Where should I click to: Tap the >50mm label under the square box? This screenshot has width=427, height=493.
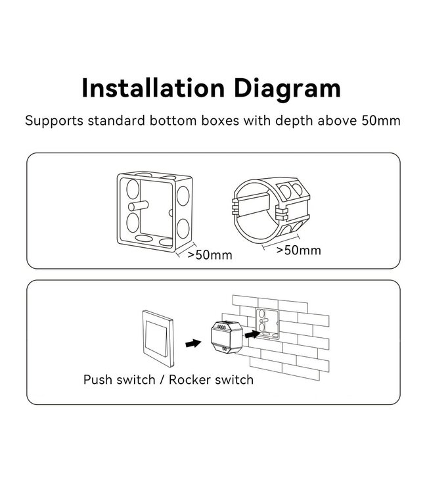[210, 255]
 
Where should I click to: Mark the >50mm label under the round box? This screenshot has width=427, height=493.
[298, 250]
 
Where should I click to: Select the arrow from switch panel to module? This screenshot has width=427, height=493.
[192, 343]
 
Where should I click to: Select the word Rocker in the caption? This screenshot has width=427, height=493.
[191, 379]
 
